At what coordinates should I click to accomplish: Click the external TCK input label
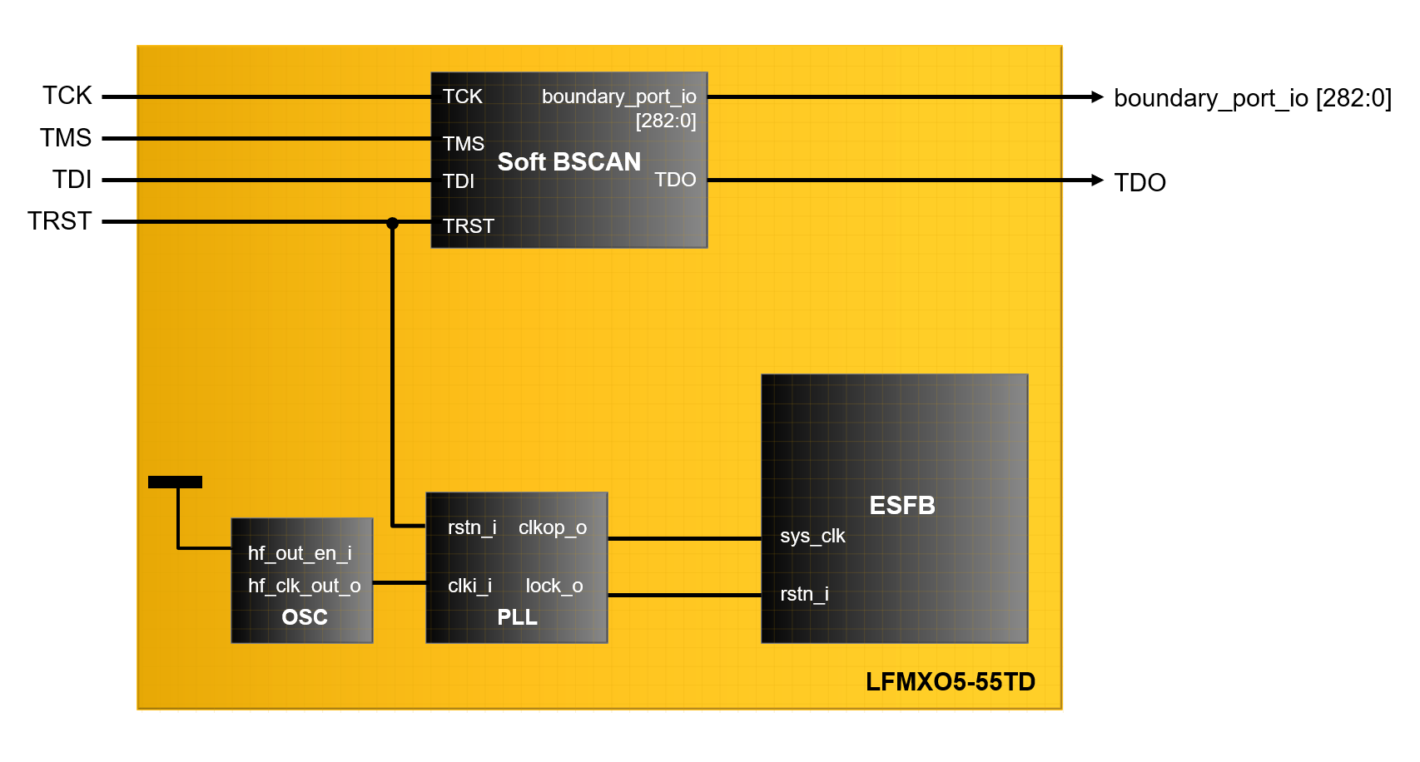(x=67, y=96)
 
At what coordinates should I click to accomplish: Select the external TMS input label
(x=66, y=137)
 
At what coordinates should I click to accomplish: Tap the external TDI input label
(x=72, y=180)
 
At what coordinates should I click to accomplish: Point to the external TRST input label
(x=59, y=221)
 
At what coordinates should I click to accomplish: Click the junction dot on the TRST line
(x=392, y=223)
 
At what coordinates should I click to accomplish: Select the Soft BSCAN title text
(x=568, y=161)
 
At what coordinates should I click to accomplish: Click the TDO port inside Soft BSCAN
(x=674, y=180)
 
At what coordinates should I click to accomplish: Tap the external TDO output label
(x=1139, y=183)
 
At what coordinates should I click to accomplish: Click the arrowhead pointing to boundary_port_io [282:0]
(x=1097, y=97)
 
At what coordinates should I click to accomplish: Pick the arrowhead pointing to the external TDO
(x=1097, y=180)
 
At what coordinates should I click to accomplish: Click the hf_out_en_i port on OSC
(x=300, y=553)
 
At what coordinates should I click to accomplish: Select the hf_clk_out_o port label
(x=304, y=586)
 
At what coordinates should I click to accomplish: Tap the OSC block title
(x=305, y=617)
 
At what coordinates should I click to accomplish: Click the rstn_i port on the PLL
(x=472, y=527)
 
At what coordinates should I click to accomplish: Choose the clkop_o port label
(x=553, y=527)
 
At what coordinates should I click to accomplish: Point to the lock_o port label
(x=554, y=586)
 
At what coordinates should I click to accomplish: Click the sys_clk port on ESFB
(x=812, y=537)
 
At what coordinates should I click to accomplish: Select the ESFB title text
(x=902, y=506)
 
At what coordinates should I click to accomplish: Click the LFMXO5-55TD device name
(x=950, y=682)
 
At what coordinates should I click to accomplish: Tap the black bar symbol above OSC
(x=175, y=482)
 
